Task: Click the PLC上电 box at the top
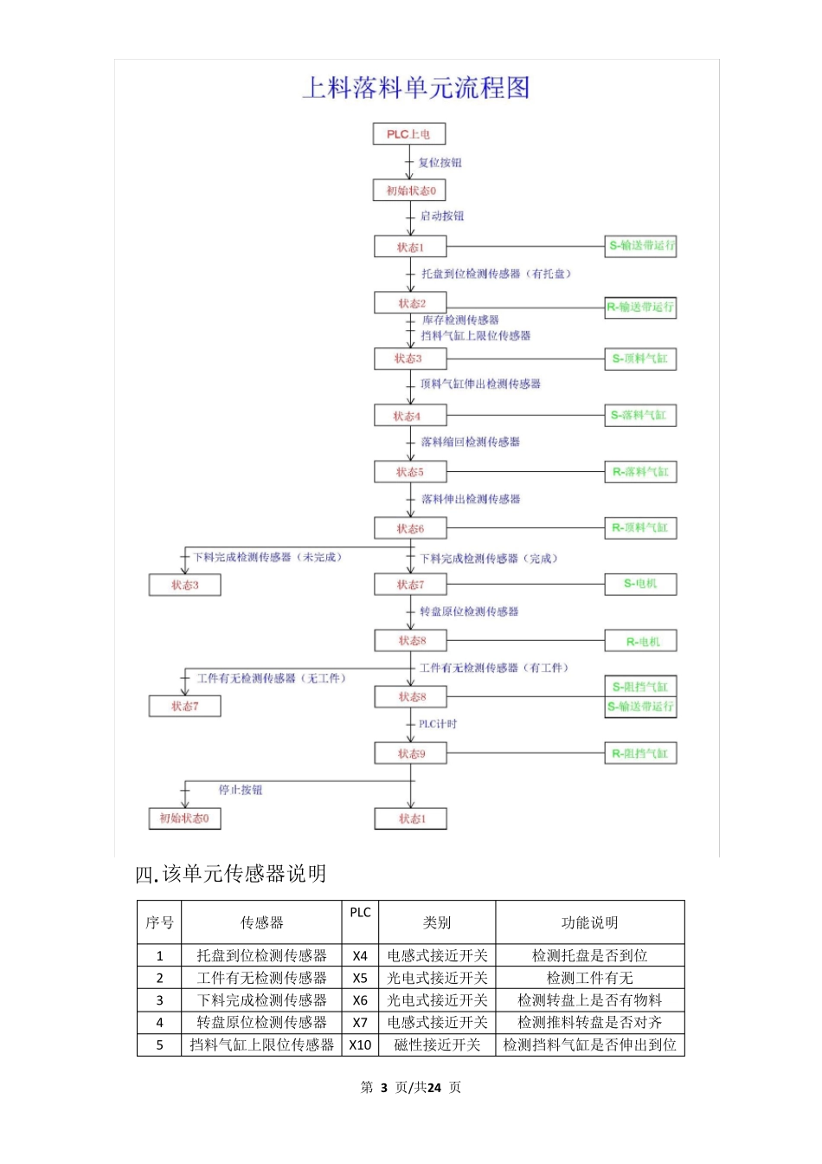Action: (x=408, y=134)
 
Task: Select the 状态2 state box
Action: (x=411, y=303)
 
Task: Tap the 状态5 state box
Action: (x=410, y=472)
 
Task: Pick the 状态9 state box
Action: (x=411, y=753)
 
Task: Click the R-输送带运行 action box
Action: (x=640, y=307)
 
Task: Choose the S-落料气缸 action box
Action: (x=640, y=415)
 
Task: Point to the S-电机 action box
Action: (x=640, y=584)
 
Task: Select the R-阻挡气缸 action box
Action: (x=640, y=753)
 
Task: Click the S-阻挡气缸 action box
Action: (x=640, y=687)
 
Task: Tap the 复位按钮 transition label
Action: (x=440, y=163)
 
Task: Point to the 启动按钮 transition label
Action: (x=442, y=216)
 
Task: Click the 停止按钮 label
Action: (x=241, y=790)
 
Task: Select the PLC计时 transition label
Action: (x=438, y=724)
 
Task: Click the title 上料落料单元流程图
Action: (x=415, y=87)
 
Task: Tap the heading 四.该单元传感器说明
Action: (x=231, y=874)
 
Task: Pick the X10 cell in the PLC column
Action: (x=360, y=1045)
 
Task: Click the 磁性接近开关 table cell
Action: (x=437, y=1045)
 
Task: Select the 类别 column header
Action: (x=437, y=923)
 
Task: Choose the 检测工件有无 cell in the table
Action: (x=589, y=978)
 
